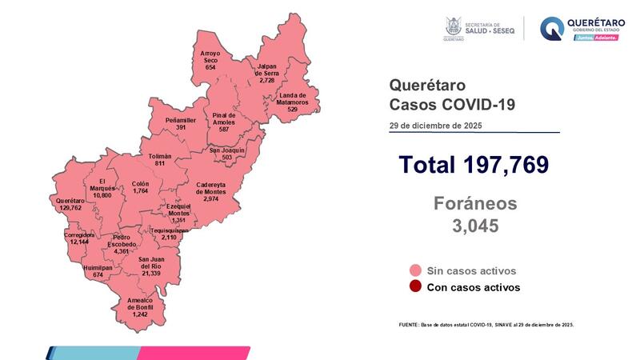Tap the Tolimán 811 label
(161, 159)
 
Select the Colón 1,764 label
(141, 188)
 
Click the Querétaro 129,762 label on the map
(70, 205)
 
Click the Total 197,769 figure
(474, 165)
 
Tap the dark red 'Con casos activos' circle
(414, 287)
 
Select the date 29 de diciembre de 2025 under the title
(435, 126)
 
